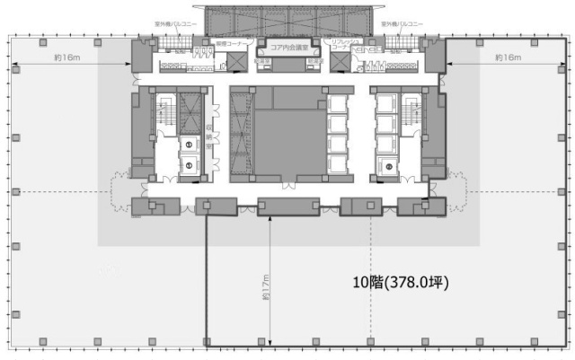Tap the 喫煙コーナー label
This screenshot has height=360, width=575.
pos(231,43)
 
